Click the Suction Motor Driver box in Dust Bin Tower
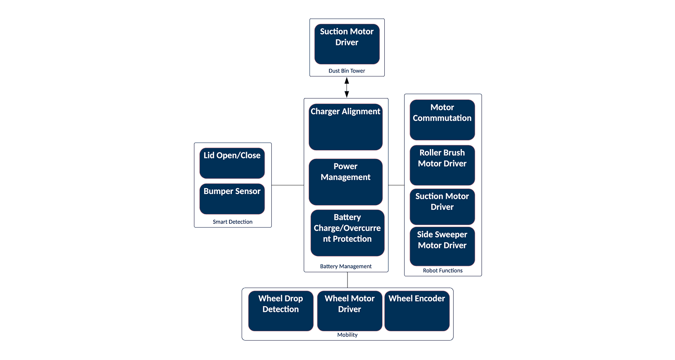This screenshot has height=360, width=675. tap(346, 44)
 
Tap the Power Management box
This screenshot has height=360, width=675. tap(346, 182)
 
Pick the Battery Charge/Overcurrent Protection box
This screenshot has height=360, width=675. tap(347, 233)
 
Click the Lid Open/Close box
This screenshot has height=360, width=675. tap(232, 163)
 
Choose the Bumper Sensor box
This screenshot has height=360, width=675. tap(232, 198)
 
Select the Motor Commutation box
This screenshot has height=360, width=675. tap(442, 120)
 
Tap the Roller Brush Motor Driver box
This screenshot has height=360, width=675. tap(442, 165)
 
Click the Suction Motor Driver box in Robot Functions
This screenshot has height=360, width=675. tap(442, 207)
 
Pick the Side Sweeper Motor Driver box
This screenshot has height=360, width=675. tap(442, 246)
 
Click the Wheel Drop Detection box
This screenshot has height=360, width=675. tap(280, 311)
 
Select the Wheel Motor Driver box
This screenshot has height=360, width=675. tap(350, 311)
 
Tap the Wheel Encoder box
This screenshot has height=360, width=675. tap(417, 311)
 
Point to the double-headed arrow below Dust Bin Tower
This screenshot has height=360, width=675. tap(346, 87)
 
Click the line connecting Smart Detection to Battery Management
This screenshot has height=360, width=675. tap(288, 185)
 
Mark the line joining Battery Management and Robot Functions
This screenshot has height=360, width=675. tap(396, 185)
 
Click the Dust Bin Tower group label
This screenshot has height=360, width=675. tap(346, 71)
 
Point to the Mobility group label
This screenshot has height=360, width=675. tap(347, 335)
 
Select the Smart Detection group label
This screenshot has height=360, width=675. tap(232, 222)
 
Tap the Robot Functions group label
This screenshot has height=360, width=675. tap(442, 271)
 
